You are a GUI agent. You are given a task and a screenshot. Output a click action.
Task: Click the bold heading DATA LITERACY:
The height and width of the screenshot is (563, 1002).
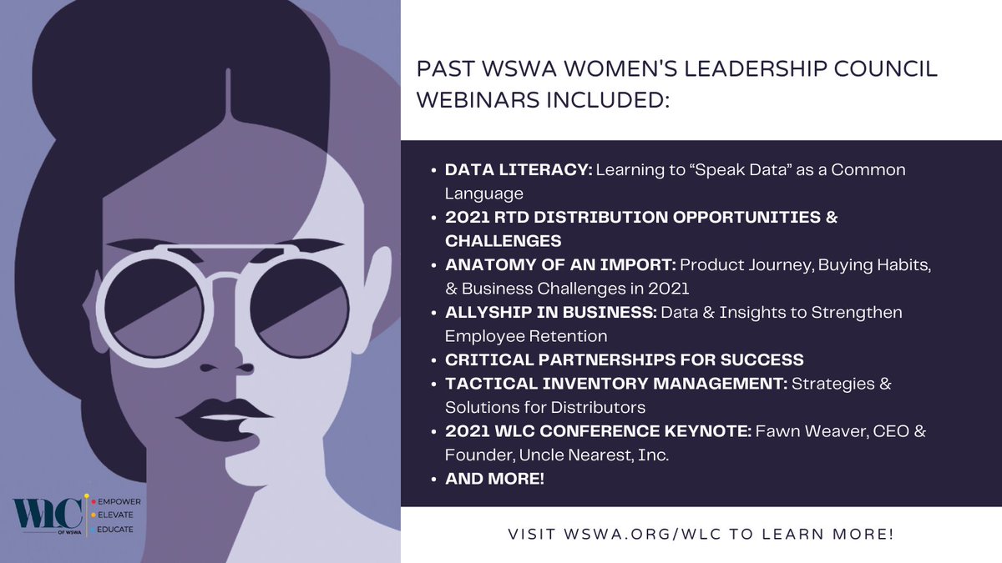[519, 170]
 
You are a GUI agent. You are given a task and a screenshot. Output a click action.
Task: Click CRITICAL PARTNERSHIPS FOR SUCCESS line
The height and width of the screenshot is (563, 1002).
[625, 359]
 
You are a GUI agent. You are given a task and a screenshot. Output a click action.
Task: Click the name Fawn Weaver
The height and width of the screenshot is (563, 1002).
[790, 431]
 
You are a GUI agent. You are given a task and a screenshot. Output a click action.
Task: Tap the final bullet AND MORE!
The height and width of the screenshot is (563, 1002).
[494, 480]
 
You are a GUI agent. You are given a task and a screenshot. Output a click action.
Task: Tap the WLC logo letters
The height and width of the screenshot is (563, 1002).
[46, 510]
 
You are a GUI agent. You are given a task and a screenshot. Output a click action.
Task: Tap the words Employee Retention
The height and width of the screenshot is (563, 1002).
[526, 336]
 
